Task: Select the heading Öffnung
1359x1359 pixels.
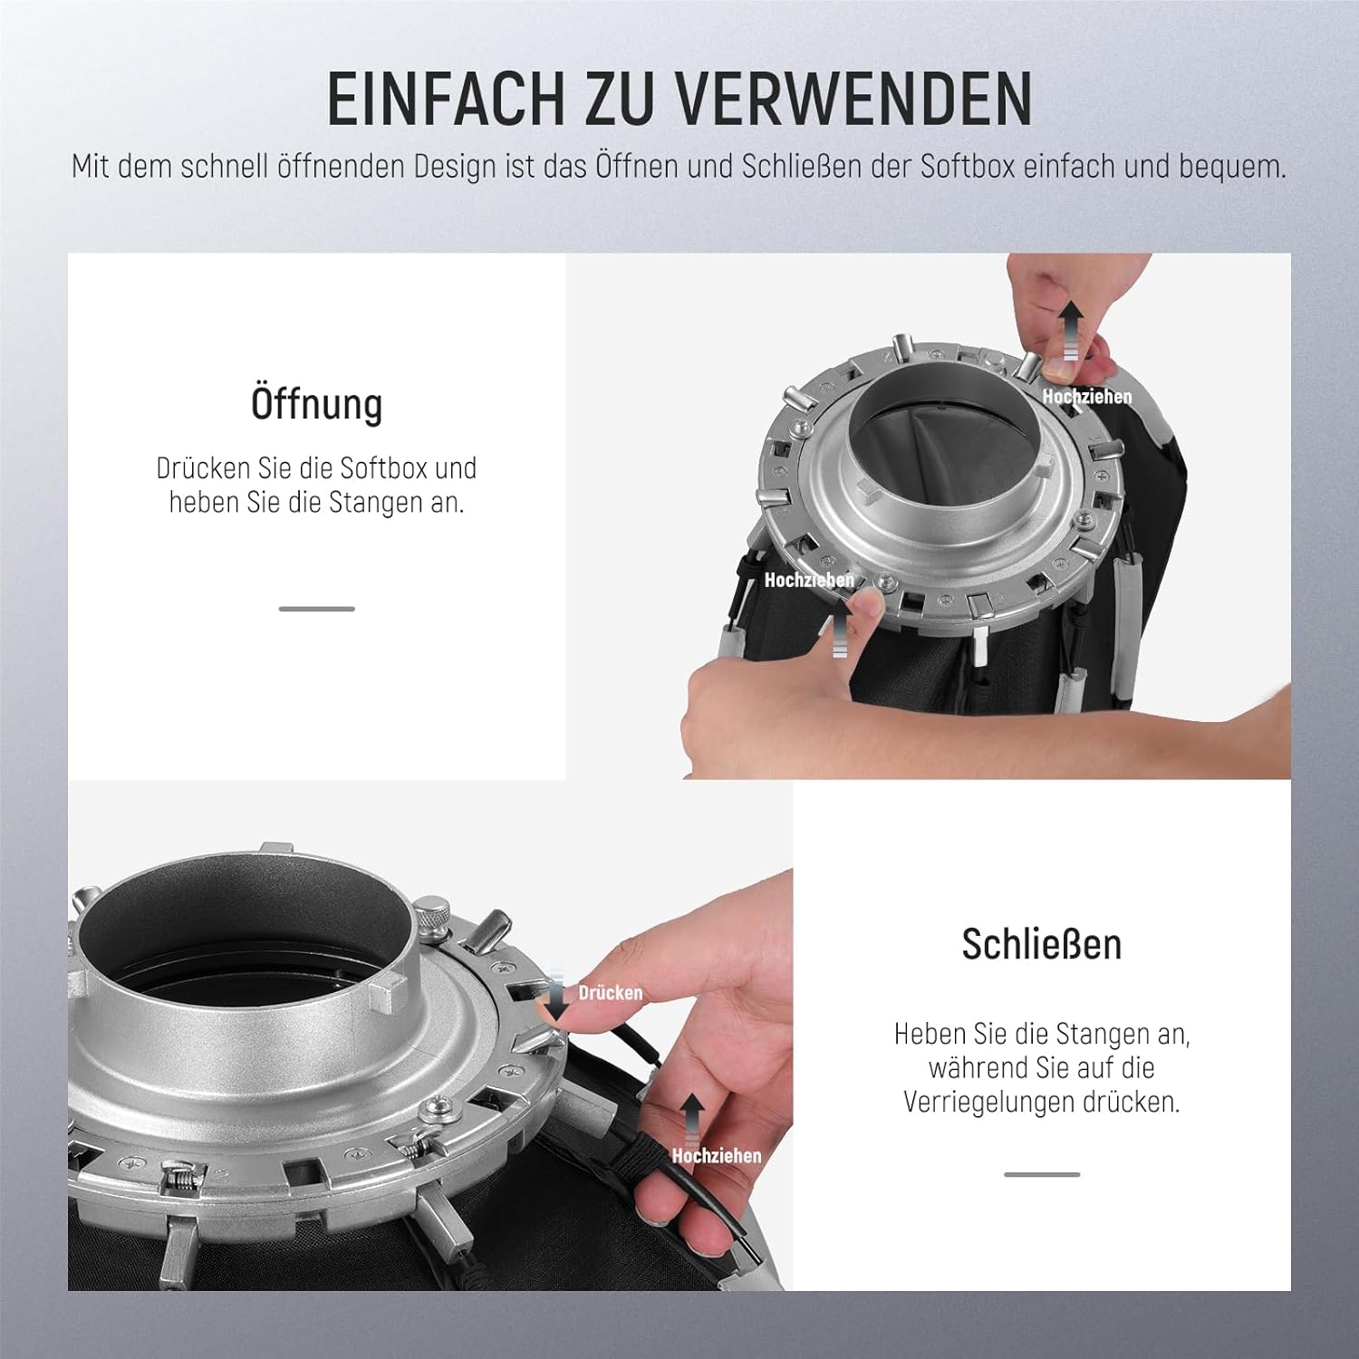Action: coord(317,403)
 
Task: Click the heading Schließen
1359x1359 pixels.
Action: coord(1042,944)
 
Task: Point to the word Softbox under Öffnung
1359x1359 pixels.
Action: coord(383,467)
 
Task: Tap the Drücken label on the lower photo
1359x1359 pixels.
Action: coord(611,993)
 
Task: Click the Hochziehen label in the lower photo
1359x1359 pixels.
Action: coord(717,1155)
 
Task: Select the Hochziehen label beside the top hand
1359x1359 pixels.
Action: coord(1087,396)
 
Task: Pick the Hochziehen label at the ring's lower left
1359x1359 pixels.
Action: coord(809,580)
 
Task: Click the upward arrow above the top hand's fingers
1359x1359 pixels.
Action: coord(1072,330)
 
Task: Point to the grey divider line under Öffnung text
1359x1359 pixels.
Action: coord(317,609)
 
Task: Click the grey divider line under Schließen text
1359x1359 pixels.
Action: coord(1042,1174)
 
